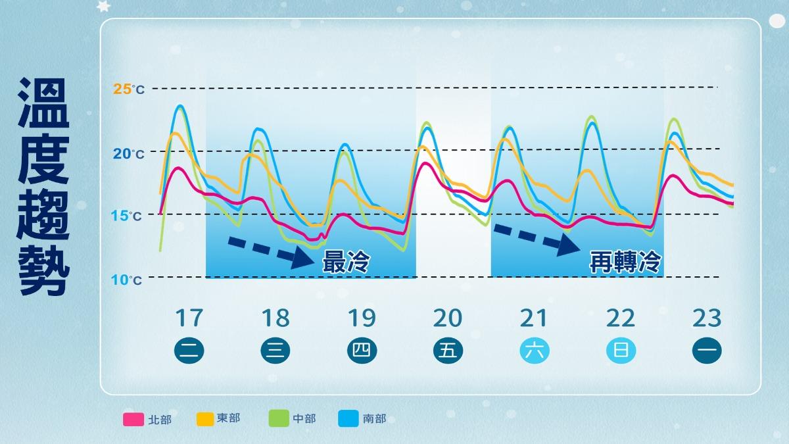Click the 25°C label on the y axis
129,89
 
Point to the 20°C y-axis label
129,154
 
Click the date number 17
189,318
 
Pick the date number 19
361,318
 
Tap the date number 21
534,318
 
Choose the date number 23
707,318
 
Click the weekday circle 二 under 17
189,351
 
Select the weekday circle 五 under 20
448,351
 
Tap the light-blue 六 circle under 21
534,351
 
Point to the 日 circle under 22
620,351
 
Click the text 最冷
345,263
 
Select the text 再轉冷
624,263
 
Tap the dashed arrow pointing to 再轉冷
536,238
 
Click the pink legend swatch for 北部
133,419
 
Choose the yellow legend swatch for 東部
206,418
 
